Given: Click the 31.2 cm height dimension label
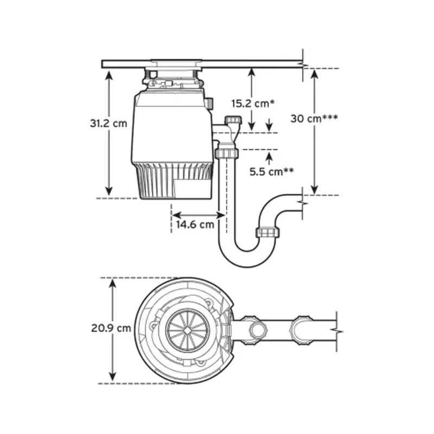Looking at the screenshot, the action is (x=108, y=123).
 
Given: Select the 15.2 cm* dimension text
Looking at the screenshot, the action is (x=253, y=104).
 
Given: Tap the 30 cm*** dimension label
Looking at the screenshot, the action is (x=314, y=118).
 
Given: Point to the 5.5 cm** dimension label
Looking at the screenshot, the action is (x=272, y=171).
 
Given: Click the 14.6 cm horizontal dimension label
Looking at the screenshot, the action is (x=195, y=225).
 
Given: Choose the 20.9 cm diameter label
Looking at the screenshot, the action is (x=111, y=328).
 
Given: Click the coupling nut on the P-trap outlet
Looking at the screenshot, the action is (x=267, y=233).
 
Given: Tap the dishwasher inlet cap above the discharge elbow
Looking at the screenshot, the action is (x=233, y=120).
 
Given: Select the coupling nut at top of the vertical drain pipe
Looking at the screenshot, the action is (x=227, y=153).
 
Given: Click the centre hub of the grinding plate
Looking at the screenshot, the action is (x=187, y=330).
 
